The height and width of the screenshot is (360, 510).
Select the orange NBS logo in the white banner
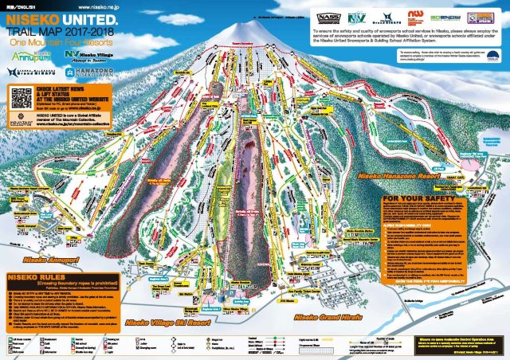(x=417, y=16)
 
